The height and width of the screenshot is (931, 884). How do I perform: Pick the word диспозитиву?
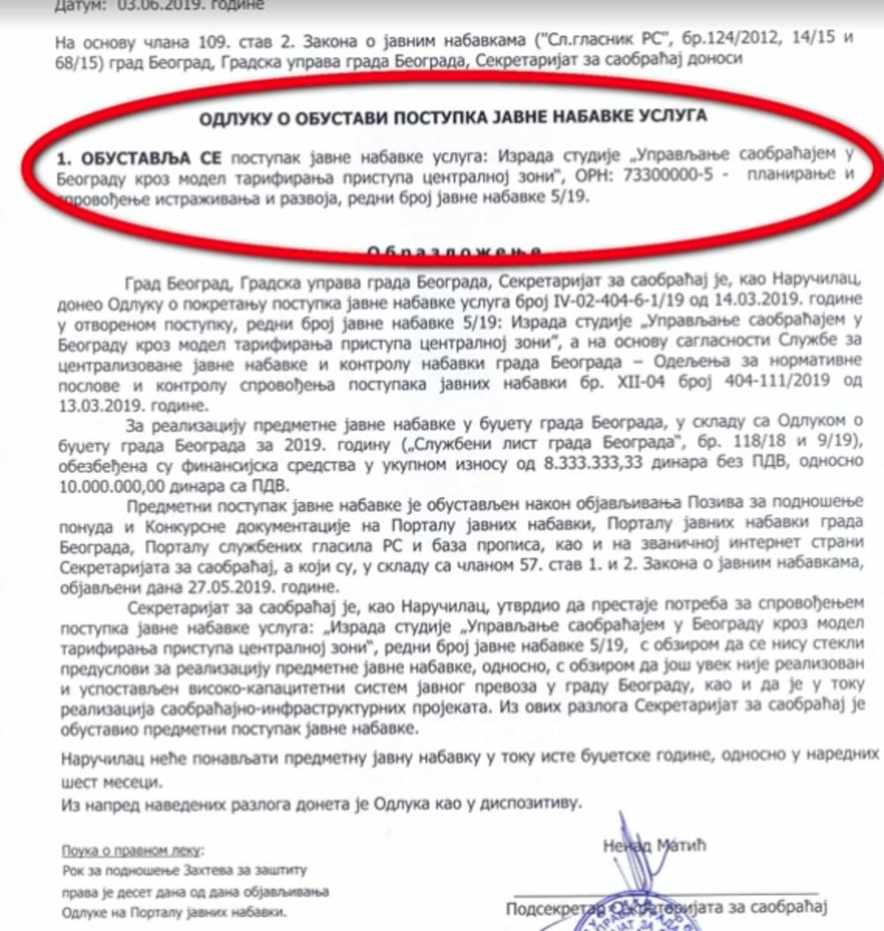530,805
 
